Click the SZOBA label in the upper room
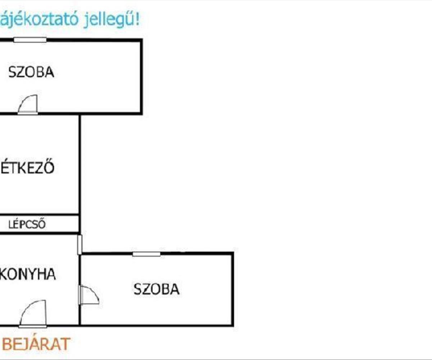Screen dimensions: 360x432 click(x=31, y=72)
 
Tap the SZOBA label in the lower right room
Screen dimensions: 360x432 click(x=157, y=289)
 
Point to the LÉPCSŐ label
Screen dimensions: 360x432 click(x=27, y=225)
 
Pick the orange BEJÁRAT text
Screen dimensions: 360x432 click(x=35, y=344)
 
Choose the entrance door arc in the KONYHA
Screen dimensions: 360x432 click(x=33, y=313)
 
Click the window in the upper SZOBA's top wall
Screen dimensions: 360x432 click(x=30, y=40)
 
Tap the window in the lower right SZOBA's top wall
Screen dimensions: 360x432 click(x=146, y=254)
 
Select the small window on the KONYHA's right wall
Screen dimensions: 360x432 click(x=80, y=244)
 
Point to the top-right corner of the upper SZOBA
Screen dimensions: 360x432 click(x=141, y=40)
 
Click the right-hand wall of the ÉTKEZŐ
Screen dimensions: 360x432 click(x=80, y=164)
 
